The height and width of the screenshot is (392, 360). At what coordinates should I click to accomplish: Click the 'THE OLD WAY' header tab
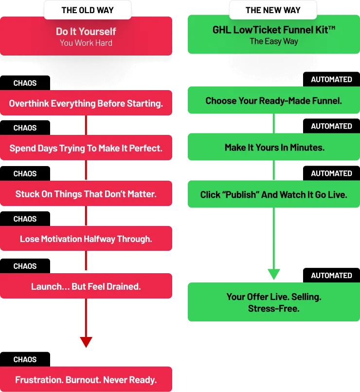(88, 10)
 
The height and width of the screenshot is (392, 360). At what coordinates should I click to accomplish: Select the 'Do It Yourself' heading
(86, 32)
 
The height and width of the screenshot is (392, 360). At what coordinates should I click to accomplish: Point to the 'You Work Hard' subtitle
(86, 43)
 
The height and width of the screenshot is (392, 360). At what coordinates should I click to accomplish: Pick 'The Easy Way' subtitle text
(274, 41)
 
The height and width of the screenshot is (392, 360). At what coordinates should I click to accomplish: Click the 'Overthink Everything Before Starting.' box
(86, 103)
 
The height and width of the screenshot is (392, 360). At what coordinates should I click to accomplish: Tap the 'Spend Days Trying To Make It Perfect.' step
(86, 148)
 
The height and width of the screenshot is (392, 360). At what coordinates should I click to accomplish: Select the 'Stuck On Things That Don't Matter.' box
(86, 194)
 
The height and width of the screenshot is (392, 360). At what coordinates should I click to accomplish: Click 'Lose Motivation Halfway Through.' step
(86, 239)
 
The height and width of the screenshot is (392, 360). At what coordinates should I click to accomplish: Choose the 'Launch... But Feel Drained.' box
(86, 286)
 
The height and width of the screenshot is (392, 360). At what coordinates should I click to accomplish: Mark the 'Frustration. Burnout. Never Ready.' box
(86, 380)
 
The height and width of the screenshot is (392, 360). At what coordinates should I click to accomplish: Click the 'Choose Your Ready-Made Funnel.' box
(274, 101)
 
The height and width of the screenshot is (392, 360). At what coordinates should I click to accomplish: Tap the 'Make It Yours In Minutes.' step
(274, 147)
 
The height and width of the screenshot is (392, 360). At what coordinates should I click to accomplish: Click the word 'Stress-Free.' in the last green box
(273, 308)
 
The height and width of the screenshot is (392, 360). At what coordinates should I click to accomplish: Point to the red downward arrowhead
(86, 342)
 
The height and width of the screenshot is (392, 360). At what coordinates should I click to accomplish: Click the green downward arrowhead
(274, 274)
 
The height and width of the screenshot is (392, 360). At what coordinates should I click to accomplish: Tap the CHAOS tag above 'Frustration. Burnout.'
(25, 359)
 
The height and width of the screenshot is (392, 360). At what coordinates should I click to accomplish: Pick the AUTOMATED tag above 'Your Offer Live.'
(331, 275)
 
